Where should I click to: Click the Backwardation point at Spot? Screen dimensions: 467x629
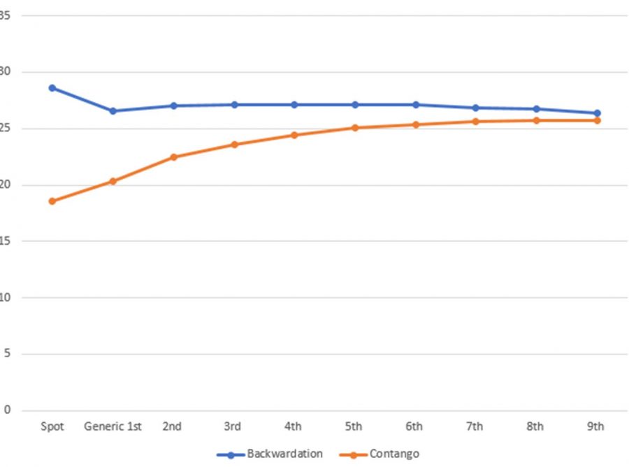point(52,88)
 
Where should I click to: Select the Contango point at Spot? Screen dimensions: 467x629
point(52,201)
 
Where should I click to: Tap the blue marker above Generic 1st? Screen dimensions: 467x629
point(113,111)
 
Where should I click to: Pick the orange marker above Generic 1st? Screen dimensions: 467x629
point(113,181)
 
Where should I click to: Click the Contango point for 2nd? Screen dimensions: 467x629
point(173,157)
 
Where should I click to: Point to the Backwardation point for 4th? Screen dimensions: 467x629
point(294,105)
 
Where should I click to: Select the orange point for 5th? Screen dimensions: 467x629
point(354,128)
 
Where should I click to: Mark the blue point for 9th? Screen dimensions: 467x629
point(597,113)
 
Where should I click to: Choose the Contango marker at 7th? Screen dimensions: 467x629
point(475,122)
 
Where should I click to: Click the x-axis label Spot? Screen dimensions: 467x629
point(52,426)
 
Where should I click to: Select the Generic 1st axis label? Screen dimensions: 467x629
point(113,426)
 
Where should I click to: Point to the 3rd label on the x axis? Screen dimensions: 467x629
point(233,426)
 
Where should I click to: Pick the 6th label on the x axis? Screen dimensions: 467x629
point(415,426)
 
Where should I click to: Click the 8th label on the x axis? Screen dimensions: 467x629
point(536,426)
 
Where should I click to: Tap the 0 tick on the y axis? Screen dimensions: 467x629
point(7,410)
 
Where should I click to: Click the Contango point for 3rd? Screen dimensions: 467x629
point(234,145)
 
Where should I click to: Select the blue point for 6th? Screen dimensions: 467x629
point(415,105)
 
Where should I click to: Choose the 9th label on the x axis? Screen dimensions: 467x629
point(596,426)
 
